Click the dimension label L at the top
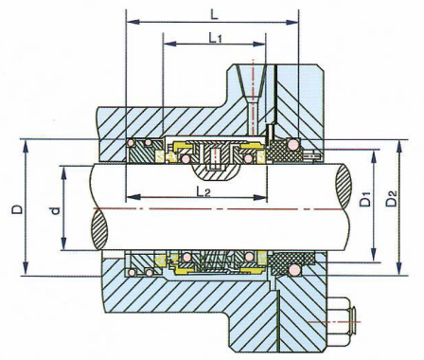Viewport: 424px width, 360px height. (214, 14)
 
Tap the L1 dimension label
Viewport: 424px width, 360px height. (216, 38)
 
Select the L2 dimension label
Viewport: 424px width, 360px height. (203, 191)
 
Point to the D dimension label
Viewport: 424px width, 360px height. (18, 209)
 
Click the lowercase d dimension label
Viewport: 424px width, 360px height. (55, 210)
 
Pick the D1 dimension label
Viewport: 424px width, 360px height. (365, 198)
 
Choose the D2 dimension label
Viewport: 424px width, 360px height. (392, 198)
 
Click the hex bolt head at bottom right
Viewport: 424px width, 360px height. (344, 322)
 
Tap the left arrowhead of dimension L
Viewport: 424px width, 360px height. (132, 22)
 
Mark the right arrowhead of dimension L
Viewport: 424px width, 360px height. (291, 22)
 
